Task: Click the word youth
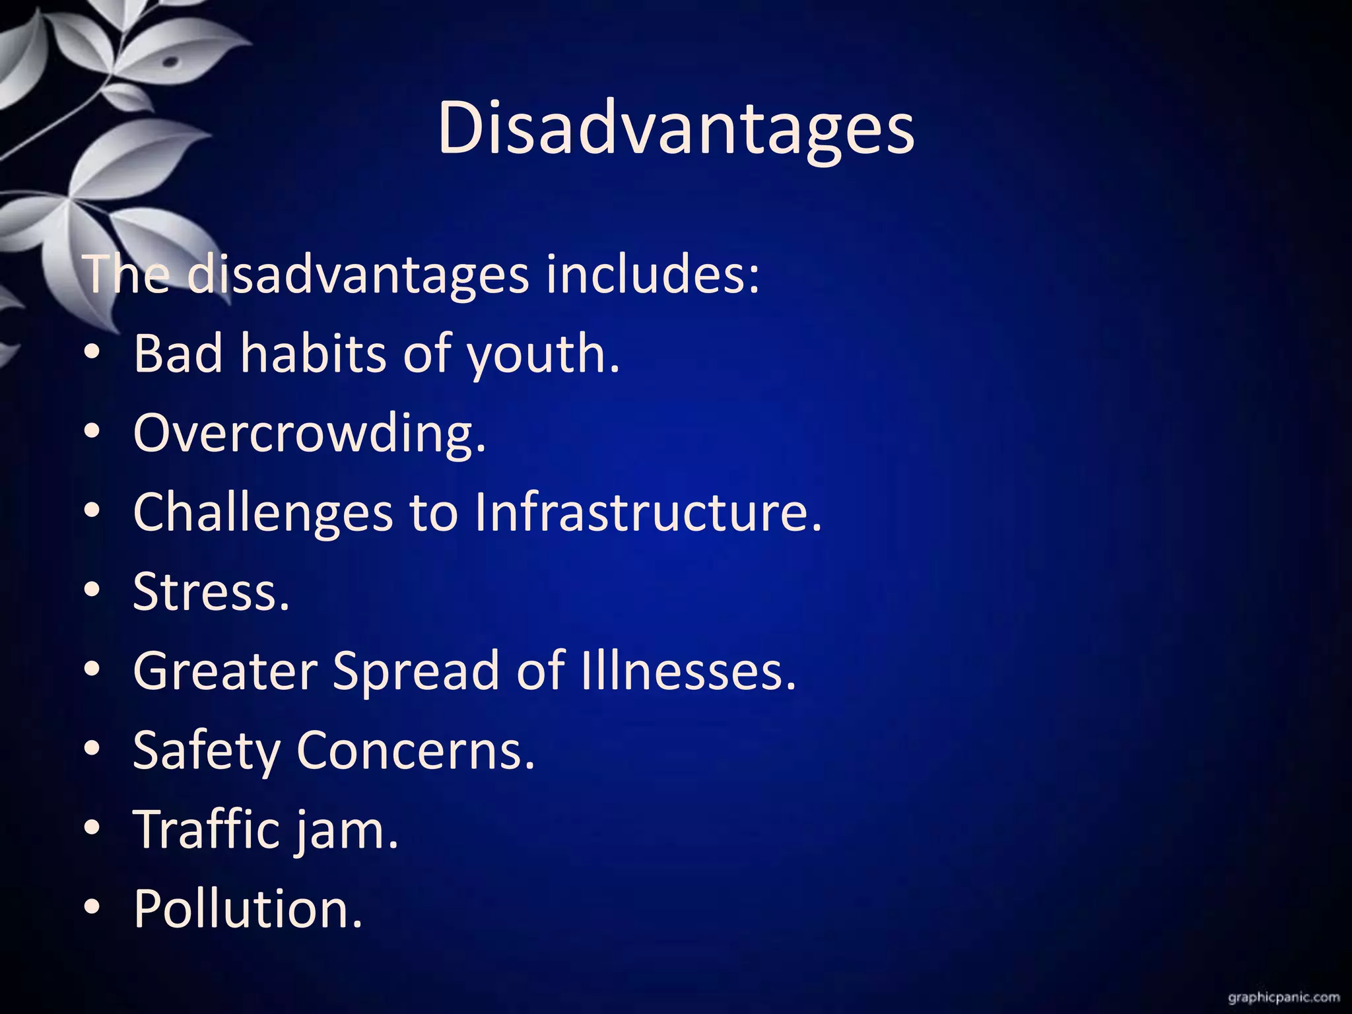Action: pos(543,355)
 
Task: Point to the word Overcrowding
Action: pos(309,433)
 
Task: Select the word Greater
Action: pos(225,671)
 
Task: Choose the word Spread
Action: pos(416,671)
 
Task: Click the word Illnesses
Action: pos(689,671)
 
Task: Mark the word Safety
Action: pos(207,751)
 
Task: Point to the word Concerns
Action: pos(415,751)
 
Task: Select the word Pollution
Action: pos(248,908)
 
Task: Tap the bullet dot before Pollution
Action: pos(92,907)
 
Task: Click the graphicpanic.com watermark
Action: pos(1284,997)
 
